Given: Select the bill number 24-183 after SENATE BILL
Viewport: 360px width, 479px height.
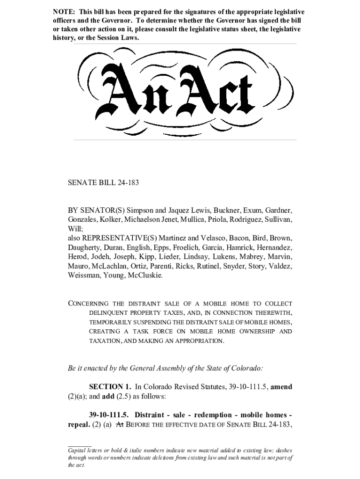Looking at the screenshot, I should click(126, 183).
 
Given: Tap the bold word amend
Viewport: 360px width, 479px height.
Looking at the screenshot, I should click(281, 387).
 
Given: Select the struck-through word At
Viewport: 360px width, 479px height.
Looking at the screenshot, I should click(119, 425).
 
